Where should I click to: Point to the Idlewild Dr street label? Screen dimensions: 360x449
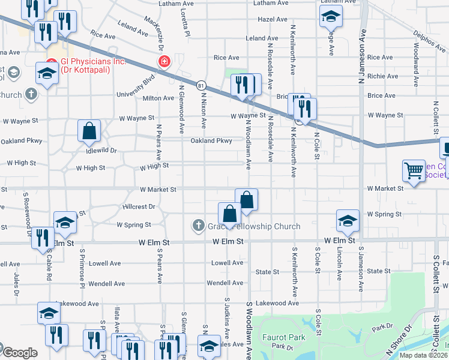tap(101, 151)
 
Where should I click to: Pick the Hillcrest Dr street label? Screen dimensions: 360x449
tap(139, 206)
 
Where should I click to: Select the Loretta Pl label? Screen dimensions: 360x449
tap(186, 24)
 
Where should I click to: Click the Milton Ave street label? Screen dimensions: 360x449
tap(158, 98)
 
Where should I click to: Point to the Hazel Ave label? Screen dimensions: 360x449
tap(273, 19)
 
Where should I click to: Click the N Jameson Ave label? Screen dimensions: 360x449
tap(362, 60)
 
